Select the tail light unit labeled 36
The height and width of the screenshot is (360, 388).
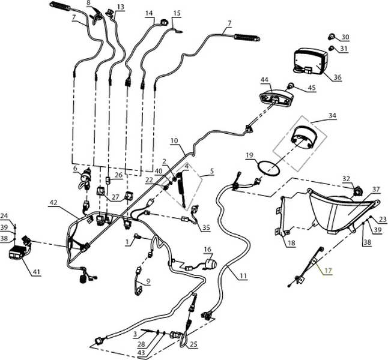pos(310,61)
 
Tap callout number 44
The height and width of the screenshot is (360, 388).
pos(265,80)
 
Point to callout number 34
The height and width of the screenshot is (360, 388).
pos(332,115)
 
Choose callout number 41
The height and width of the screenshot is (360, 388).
pos(36,272)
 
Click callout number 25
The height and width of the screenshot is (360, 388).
pos(193,344)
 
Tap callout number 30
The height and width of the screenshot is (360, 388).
pos(345,37)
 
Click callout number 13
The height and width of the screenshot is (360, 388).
pos(120,7)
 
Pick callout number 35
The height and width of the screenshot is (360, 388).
pos(206,228)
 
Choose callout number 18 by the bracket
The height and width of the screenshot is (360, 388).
pos(290,243)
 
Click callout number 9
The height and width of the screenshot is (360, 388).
pos(147,281)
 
